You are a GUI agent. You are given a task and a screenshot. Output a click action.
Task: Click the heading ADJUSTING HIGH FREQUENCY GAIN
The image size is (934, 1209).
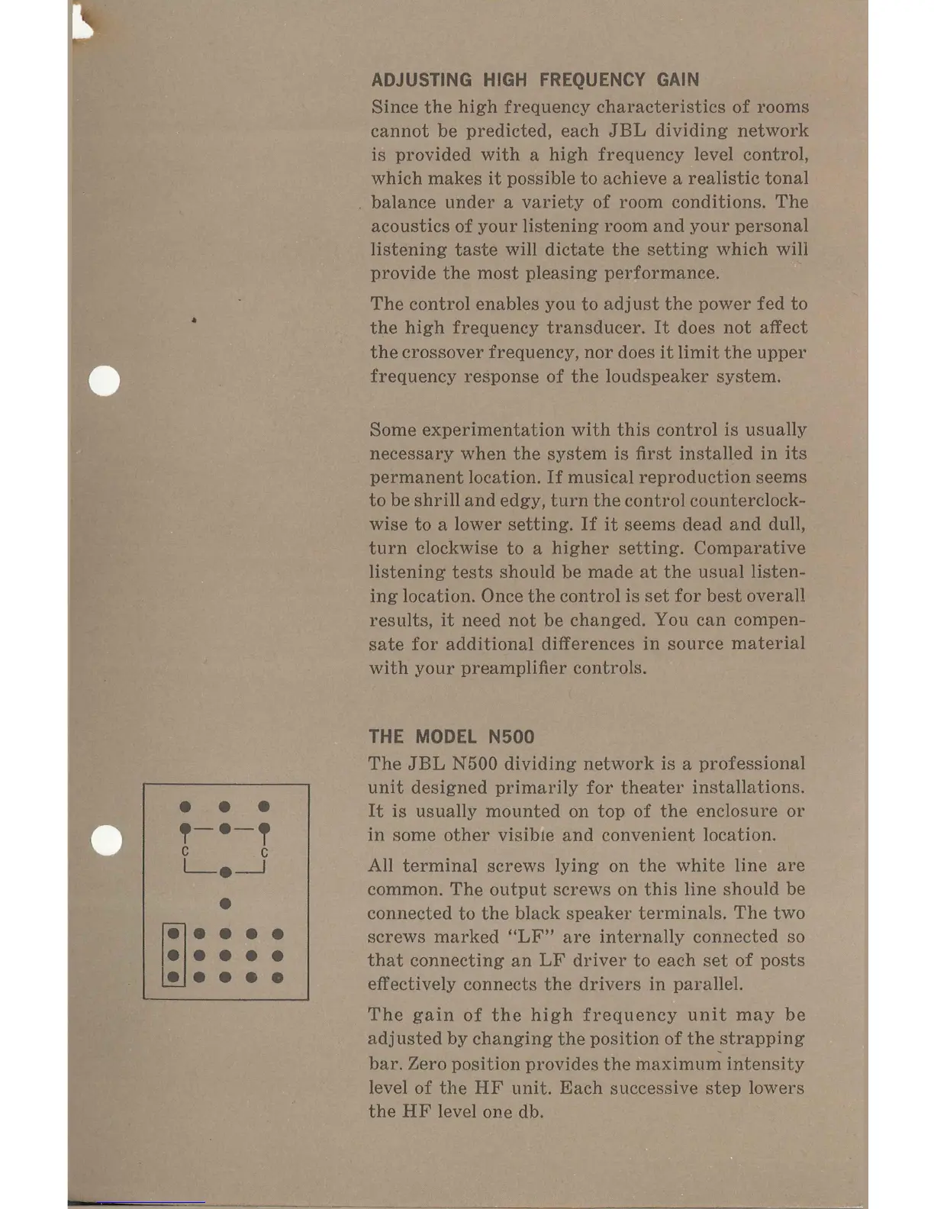point(534,80)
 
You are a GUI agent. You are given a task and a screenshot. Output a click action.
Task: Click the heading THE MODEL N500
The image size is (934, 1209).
point(451,737)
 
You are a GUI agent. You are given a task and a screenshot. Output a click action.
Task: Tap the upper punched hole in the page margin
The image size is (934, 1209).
point(105,381)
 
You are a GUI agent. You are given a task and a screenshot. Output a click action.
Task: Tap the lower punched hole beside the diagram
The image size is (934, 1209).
point(106,840)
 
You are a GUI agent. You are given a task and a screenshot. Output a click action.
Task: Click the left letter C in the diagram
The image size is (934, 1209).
point(185,851)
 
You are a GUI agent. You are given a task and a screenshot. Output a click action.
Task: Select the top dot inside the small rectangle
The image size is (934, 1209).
point(174,933)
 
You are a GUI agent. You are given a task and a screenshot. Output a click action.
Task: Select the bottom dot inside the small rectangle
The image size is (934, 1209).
point(174,977)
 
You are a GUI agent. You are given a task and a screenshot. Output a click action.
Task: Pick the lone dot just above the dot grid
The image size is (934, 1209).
point(225,904)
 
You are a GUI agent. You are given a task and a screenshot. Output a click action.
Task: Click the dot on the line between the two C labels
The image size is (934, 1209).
point(225,872)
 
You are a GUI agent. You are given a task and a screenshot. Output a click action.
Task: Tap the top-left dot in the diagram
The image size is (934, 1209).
point(185,807)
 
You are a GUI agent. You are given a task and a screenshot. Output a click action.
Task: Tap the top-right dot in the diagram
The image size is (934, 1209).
point(264,807)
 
